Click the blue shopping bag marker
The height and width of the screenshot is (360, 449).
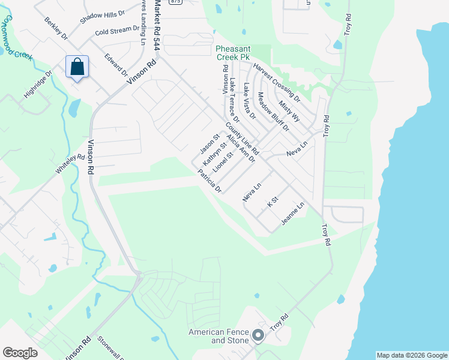point(77,67)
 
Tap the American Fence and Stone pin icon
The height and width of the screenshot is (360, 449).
point(258,335)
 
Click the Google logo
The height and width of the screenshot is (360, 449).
point(20,353)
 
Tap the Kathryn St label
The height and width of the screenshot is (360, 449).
point(214,154)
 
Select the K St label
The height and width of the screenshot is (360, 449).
point(273,202)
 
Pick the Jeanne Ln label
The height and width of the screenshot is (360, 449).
point(292,214)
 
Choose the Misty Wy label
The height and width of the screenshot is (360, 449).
point(289,110)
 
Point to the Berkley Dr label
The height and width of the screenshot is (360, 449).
point(56,28)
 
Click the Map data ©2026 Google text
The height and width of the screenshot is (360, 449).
point(411,355)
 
